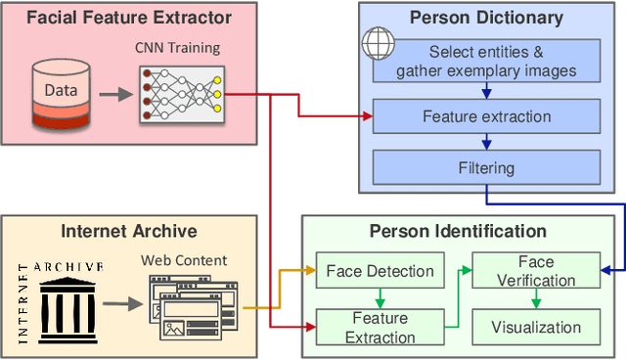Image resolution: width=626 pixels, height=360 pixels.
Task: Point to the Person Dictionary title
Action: tap(486, 18)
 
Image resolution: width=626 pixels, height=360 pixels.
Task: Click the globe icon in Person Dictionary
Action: tap(378, 45)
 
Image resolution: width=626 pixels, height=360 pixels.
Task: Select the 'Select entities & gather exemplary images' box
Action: tap(486, 61)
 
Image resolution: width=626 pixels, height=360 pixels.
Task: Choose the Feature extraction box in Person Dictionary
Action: tap(486, 117)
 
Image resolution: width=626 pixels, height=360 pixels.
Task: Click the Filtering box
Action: tap(486, 168)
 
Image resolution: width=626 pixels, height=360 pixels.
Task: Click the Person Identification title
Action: tap(458, 232)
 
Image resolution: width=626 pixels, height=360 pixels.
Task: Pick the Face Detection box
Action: tap(379, 271)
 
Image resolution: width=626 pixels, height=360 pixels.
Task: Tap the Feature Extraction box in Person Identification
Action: tap(379, 327)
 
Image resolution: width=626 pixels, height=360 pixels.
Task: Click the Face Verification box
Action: tap(535, 271)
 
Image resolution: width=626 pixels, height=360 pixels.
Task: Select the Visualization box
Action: tap(535, 327)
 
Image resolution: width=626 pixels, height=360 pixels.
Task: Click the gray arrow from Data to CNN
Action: tap(112, 95)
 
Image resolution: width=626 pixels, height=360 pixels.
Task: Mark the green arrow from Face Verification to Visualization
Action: tap(535, 299)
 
